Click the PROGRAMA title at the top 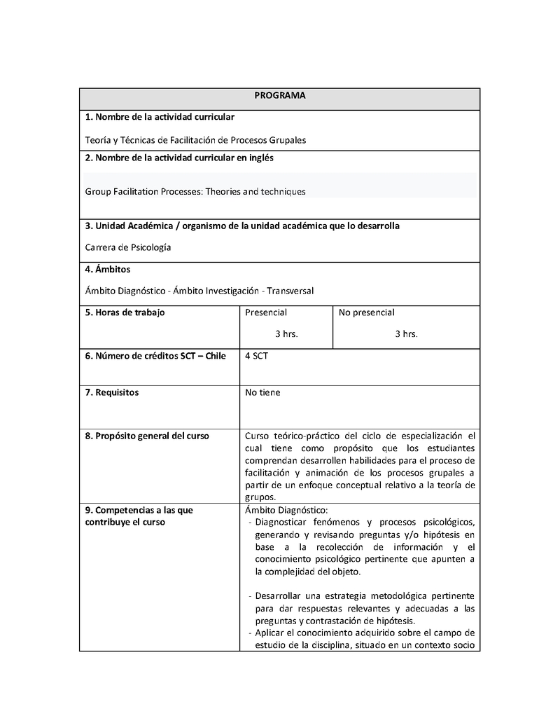point(279,95)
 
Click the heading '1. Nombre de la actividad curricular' point(160,116)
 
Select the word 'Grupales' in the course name point(288,140)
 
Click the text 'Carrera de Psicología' point(128,247)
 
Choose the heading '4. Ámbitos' point(108,269)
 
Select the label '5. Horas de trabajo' point(125,312)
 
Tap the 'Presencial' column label point(266,312)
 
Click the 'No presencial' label point(367,312)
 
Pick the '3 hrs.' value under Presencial point(286,334)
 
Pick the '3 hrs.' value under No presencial point(406,334)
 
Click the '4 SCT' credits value point(256,356)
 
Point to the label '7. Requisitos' point(112,392)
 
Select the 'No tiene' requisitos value point(262,392)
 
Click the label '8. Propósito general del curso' point(147,436)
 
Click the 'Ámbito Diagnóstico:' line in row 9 point(286,510)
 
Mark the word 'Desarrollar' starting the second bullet point(279,595)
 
